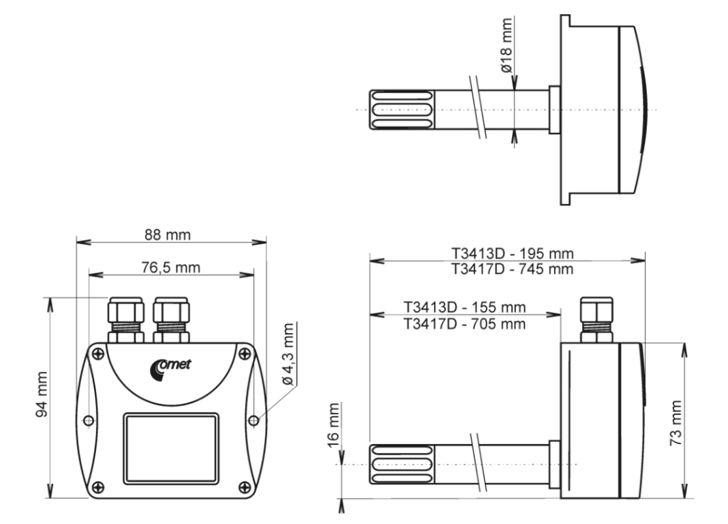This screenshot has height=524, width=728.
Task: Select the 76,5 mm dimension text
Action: (x=170, y=267)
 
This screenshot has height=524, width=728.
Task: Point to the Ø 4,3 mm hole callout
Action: (x=288, y=354)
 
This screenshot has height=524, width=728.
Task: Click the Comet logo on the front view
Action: (x=171, y=366)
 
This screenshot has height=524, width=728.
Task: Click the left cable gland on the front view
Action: (x=126, y=319)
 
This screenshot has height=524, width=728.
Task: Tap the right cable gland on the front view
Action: (x=171, y=319)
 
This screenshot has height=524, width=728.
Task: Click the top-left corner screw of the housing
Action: (x=98, y=353)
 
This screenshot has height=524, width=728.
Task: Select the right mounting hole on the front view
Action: (x=254, y=420)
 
